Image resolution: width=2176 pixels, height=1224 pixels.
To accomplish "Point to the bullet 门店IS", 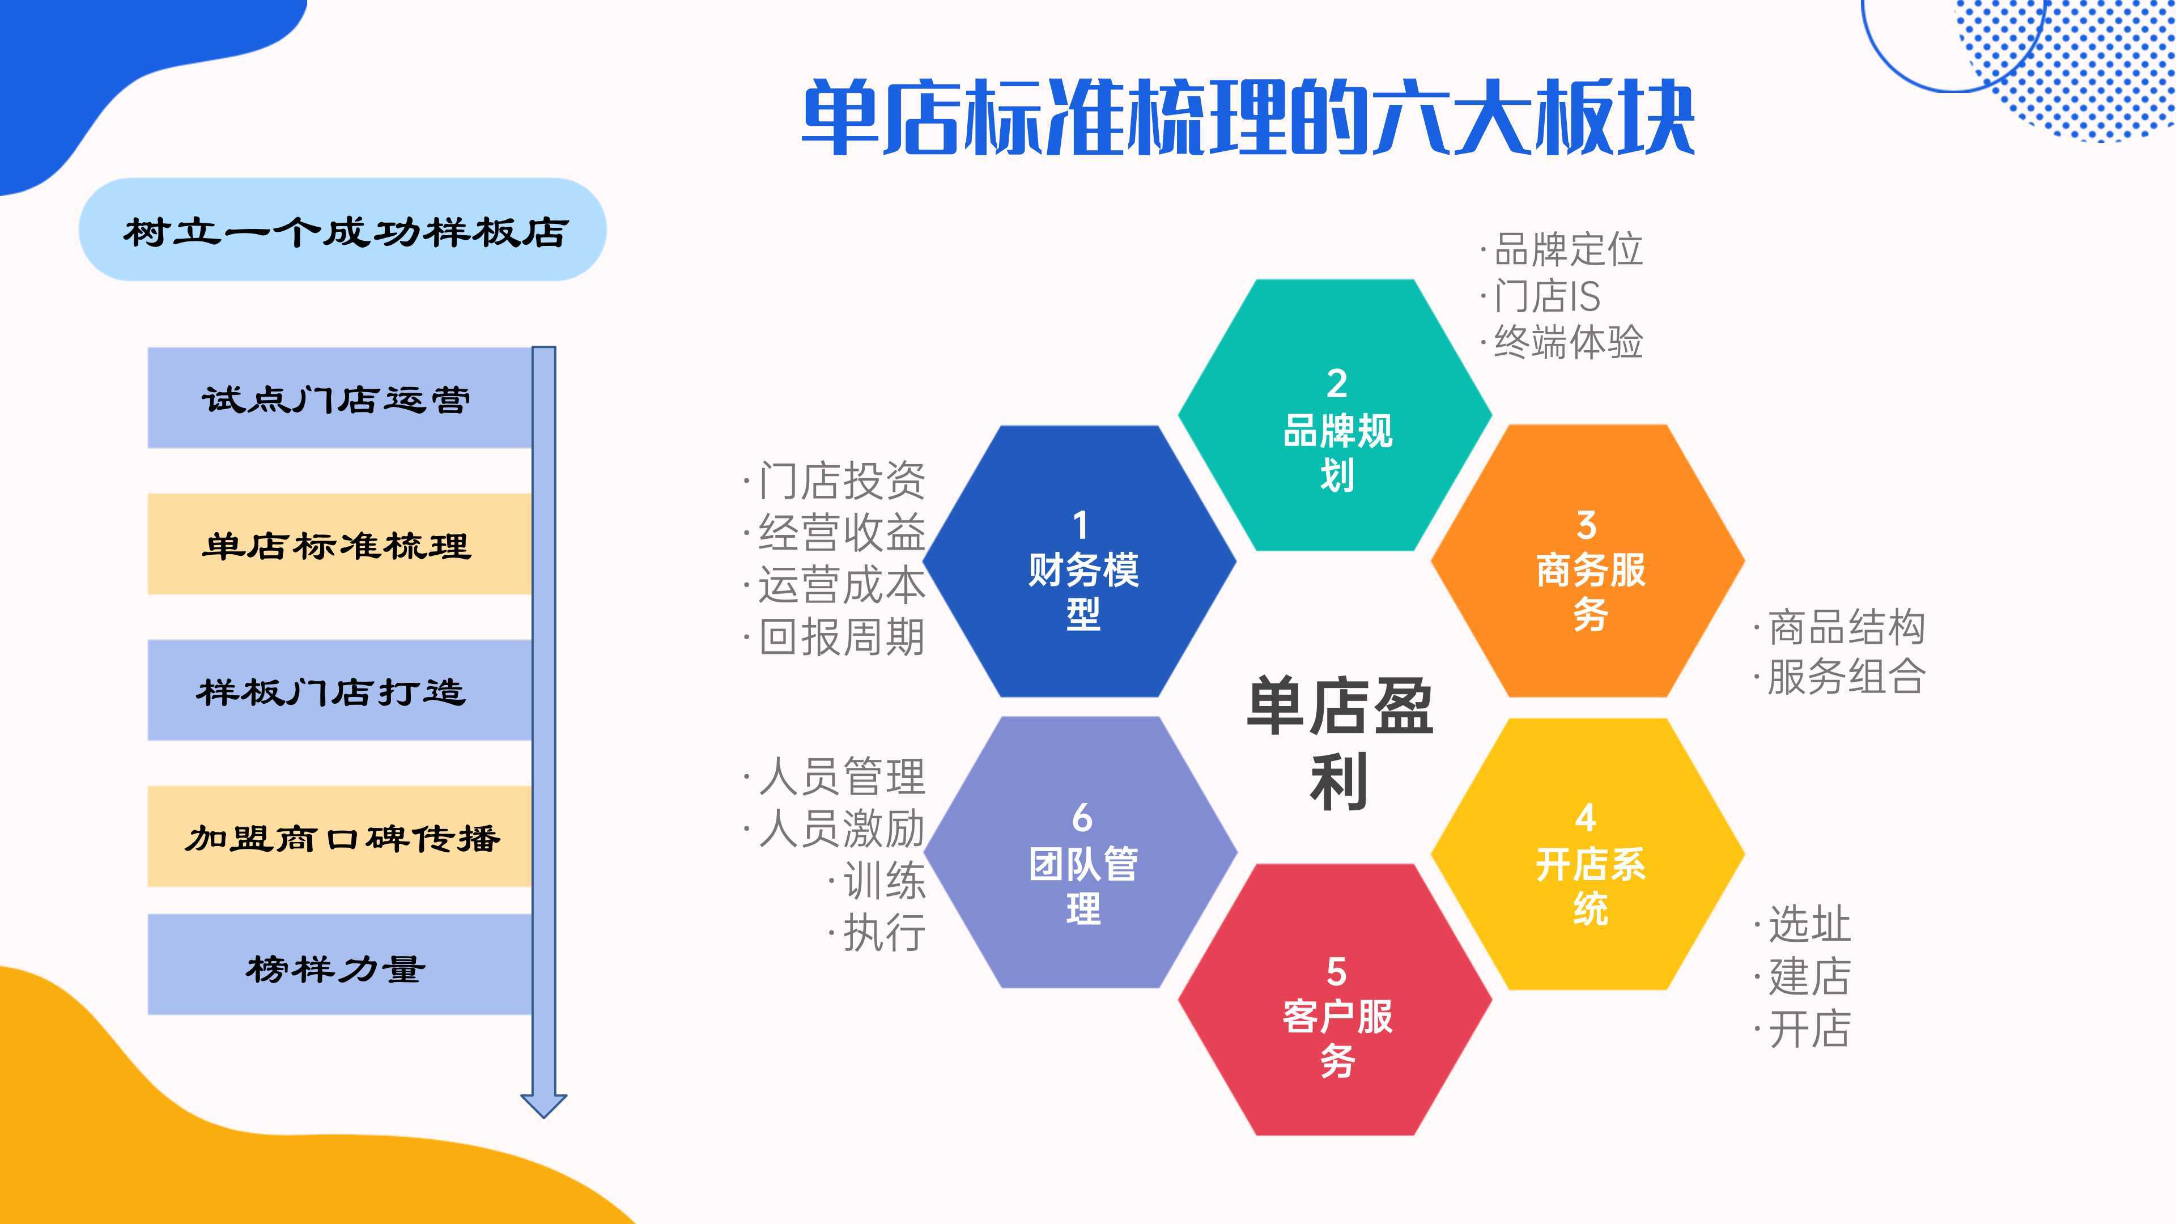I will [x=1546, y=296].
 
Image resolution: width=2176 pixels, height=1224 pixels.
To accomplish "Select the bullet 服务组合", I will [x=1846, y=676].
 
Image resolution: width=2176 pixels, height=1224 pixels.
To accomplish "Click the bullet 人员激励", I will [x=840, y=828].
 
